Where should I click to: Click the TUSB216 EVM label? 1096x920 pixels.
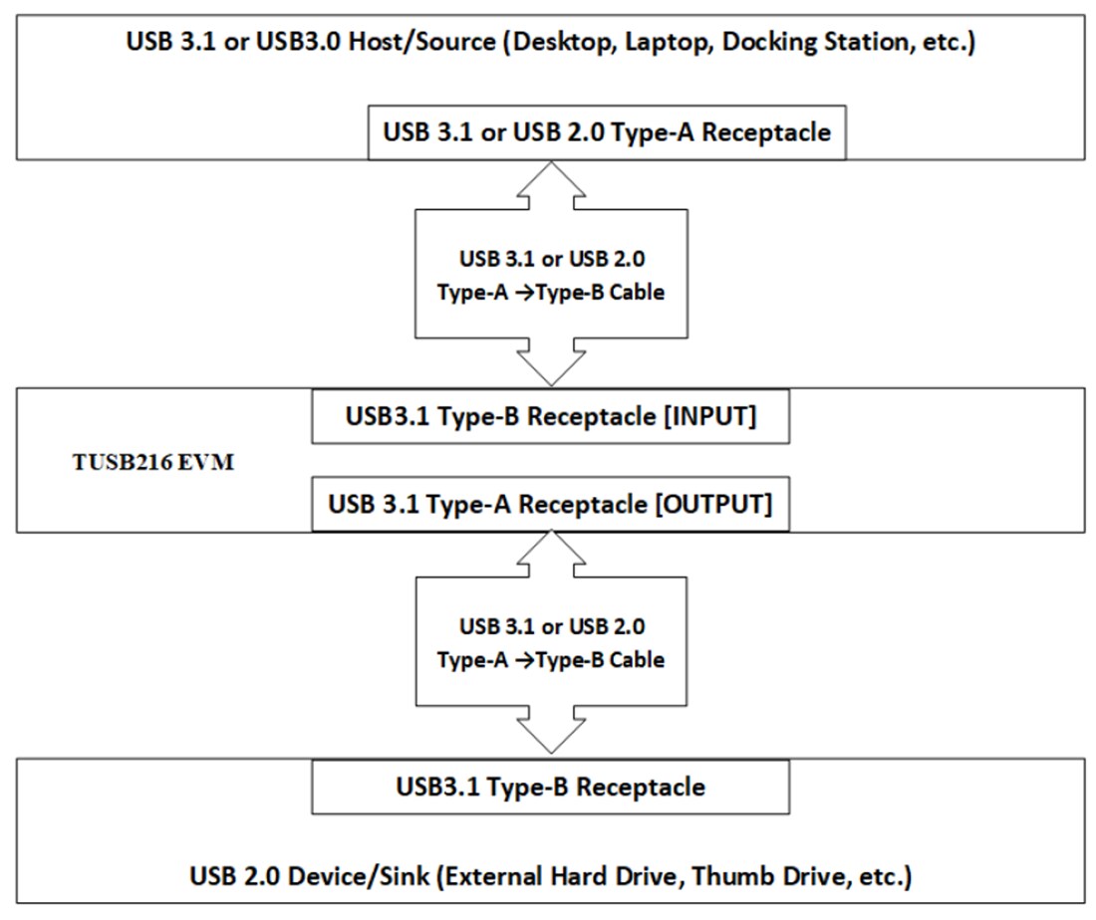[x=147, y=463]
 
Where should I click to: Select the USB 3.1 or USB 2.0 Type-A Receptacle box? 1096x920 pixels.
[x=606, y=132]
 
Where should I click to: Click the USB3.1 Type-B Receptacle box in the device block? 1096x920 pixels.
[x=551, y=787]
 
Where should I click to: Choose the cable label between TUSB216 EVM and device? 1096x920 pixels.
[x=551, y=643]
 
